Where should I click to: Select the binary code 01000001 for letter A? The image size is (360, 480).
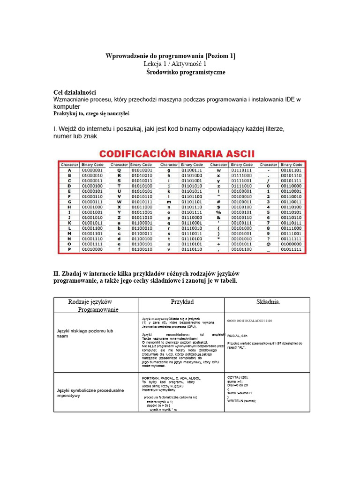92,170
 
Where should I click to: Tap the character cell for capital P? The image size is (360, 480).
69,249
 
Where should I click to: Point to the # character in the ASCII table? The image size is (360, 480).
218,202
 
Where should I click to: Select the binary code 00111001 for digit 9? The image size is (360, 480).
291,233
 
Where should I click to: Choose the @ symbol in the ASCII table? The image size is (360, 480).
268,244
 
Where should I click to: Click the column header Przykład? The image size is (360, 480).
182,302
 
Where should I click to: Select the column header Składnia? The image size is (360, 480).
268,302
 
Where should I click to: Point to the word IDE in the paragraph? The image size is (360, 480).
291,100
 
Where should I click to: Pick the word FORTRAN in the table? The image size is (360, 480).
150,378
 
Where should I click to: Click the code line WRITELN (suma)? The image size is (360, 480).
241,401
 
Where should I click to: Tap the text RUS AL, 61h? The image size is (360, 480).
237,336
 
